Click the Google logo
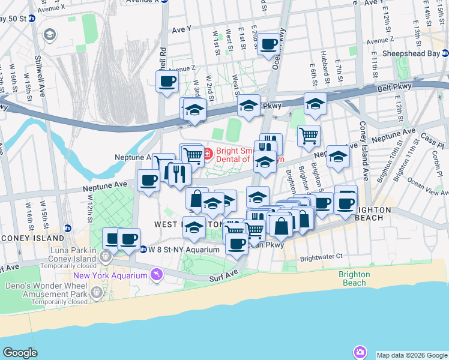(x=20, y=353)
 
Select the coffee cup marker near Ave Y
(x=270, y=44)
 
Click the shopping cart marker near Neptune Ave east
(x=309, y=135)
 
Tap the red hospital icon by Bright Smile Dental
(x=208, y=154)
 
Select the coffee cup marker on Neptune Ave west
(x=148, y=180)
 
